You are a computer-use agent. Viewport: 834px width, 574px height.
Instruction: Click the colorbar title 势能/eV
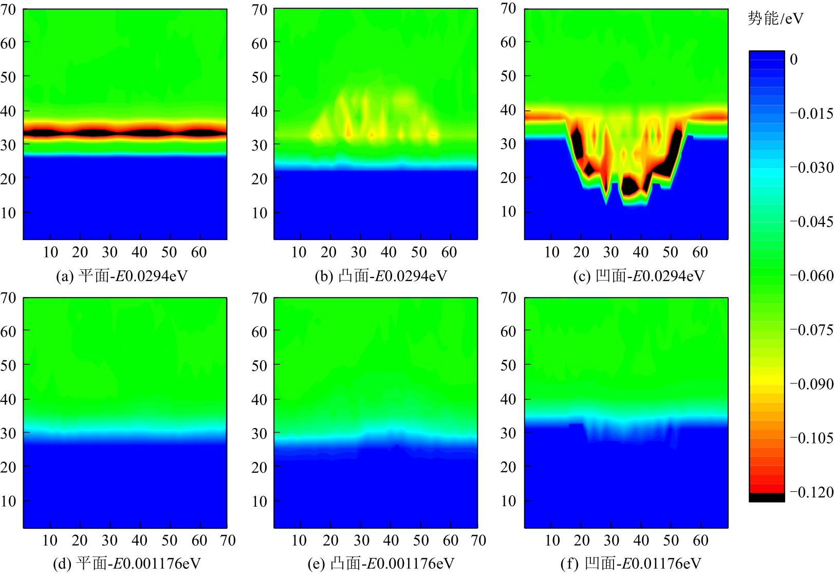[775, 19]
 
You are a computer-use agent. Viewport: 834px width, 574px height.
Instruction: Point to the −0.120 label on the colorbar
[812, 492]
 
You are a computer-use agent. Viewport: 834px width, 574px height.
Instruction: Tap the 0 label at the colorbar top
[794, 60]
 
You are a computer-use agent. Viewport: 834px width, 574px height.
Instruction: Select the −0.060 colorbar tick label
[812, 276]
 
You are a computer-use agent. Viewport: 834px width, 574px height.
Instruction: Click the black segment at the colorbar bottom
[767, 497]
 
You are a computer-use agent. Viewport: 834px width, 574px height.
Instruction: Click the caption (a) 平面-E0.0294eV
[122, 276]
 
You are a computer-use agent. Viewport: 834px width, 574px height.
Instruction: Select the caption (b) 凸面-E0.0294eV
[381, 276]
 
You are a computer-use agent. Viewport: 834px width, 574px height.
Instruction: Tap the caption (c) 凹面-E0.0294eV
[639, 276]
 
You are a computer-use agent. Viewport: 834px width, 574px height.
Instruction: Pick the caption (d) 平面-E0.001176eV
[127, 564]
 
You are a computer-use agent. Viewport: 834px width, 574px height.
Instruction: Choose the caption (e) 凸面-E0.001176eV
[381, 564]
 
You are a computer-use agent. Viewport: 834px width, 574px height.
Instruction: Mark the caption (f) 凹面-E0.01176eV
[631, 564]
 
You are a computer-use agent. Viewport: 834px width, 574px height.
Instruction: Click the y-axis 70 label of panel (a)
[8, 10]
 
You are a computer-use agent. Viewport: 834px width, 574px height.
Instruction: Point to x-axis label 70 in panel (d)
[228, 541]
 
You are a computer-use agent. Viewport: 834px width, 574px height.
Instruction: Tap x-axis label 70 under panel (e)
[478, 541]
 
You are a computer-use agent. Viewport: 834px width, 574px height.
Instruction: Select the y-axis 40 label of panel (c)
[508, 110]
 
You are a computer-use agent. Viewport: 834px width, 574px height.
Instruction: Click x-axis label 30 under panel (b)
[359, 252]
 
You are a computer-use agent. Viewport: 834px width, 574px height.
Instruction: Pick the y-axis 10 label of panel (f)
[508, 501]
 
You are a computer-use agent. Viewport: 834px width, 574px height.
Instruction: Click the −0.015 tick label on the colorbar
[812, 114]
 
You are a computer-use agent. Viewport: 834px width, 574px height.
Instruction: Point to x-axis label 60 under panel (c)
[700, 252]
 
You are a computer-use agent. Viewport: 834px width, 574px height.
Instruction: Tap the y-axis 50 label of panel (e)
[260, 365]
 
